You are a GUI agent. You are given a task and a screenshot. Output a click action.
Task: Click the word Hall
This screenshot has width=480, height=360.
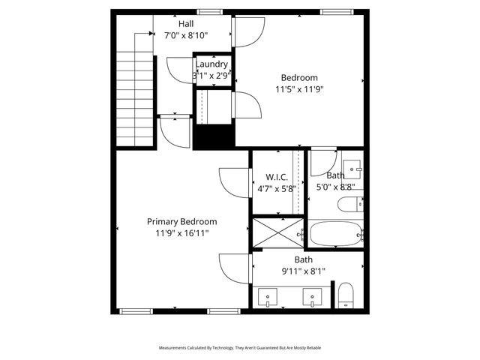tap(175, 24)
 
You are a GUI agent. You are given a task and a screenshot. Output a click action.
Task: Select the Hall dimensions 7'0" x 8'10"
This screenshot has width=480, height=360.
tap(175, 35)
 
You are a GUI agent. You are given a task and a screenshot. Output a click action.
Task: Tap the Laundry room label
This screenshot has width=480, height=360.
tap(212, 64)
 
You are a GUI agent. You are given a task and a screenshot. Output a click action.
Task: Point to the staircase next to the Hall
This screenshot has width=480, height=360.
tap(135, 88)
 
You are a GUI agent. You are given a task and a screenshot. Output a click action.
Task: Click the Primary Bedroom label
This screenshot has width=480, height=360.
tap(181, 222)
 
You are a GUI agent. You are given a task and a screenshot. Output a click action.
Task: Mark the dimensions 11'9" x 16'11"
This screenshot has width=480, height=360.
tap(181, 233)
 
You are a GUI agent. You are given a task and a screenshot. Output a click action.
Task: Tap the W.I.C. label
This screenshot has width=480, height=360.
tap(277, 177)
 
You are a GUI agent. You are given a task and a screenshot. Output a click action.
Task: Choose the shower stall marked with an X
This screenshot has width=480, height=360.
tap(278, 232)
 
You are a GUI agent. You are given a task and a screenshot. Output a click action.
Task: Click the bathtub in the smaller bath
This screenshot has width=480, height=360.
tap(335, 233)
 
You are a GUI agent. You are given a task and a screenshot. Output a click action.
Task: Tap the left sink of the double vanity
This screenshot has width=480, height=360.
tap(269, 298)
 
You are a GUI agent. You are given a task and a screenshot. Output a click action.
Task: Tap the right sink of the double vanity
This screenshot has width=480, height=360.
tap(312, 298)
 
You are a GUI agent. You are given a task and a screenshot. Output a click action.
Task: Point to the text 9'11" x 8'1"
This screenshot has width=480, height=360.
tap(303, 271)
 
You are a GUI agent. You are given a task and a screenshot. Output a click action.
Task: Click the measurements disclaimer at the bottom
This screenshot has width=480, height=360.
tap(239, 348)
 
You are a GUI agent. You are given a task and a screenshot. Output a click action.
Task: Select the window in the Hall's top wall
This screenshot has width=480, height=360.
tap(209, 12)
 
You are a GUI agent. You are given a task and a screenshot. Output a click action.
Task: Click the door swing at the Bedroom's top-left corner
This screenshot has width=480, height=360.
tap(247, 30)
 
